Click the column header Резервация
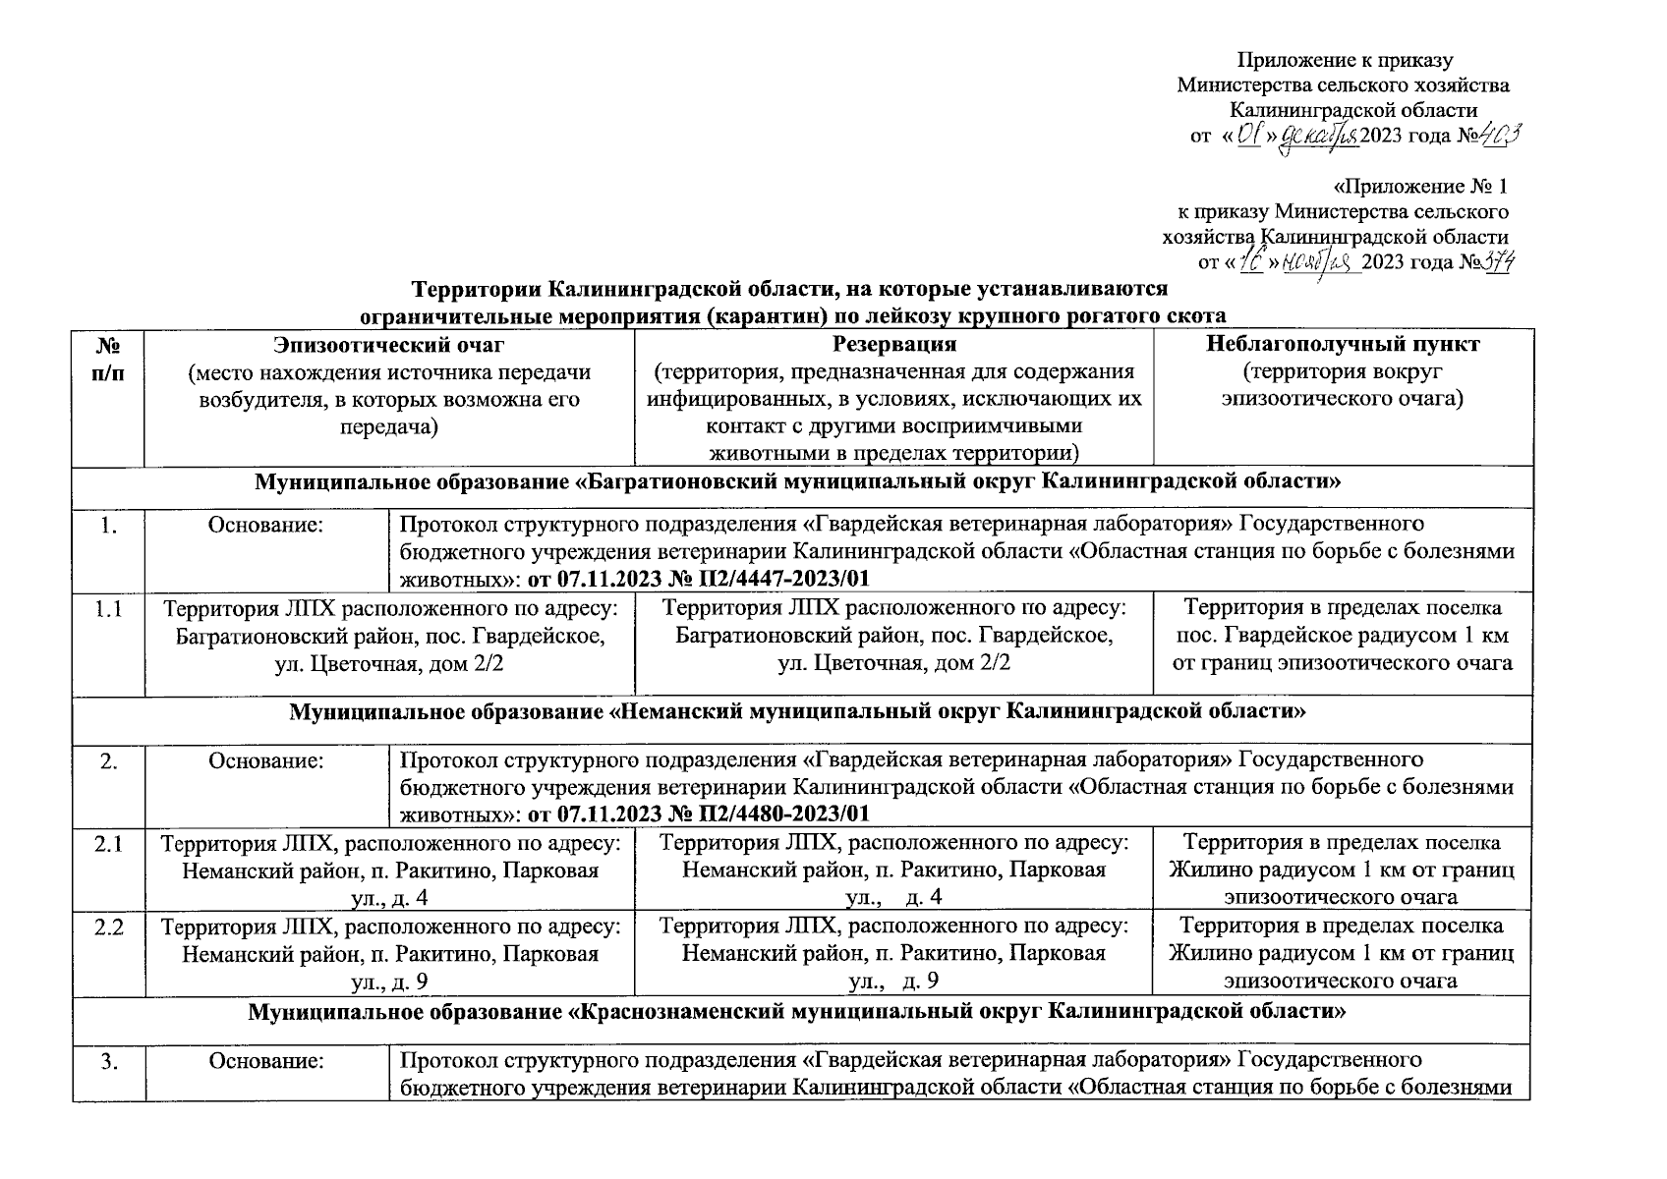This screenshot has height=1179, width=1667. (893, 344)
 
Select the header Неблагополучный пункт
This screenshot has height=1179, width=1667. (1343, 344)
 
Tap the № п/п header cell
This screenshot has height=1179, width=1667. (108, 359)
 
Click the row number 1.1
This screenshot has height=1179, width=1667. (108, 609)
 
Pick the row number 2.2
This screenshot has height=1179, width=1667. (108, 926)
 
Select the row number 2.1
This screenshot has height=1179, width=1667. (108, 843)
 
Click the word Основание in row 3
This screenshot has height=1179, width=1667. (265, 1061)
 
